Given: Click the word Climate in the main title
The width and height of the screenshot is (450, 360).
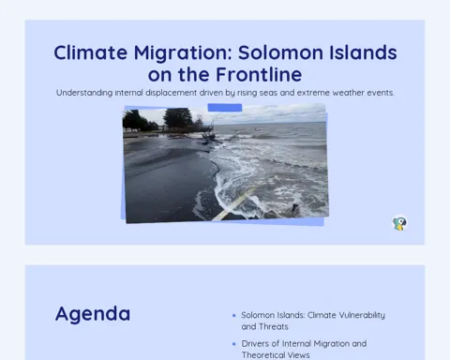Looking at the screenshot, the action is point(91,52).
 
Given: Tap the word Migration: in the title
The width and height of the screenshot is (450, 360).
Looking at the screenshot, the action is point(183,52).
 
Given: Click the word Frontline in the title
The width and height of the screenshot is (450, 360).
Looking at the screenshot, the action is point(259,74).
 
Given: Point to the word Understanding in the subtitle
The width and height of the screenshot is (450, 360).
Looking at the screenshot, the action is point(84,93).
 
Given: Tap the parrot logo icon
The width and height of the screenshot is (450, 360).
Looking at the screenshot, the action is point(399,223).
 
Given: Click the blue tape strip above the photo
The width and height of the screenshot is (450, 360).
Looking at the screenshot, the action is point(225,108).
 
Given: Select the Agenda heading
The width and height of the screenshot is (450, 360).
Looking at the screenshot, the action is point(93,314).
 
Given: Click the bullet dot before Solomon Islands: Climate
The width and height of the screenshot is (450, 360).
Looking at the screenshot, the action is point(234,316).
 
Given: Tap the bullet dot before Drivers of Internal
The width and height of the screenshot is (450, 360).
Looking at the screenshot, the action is point(234,344).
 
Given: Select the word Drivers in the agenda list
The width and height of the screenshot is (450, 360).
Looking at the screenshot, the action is point(255,343).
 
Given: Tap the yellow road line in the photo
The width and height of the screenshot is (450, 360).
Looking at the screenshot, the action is point(232,204).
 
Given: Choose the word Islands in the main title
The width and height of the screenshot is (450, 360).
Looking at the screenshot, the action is point(363,52).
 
